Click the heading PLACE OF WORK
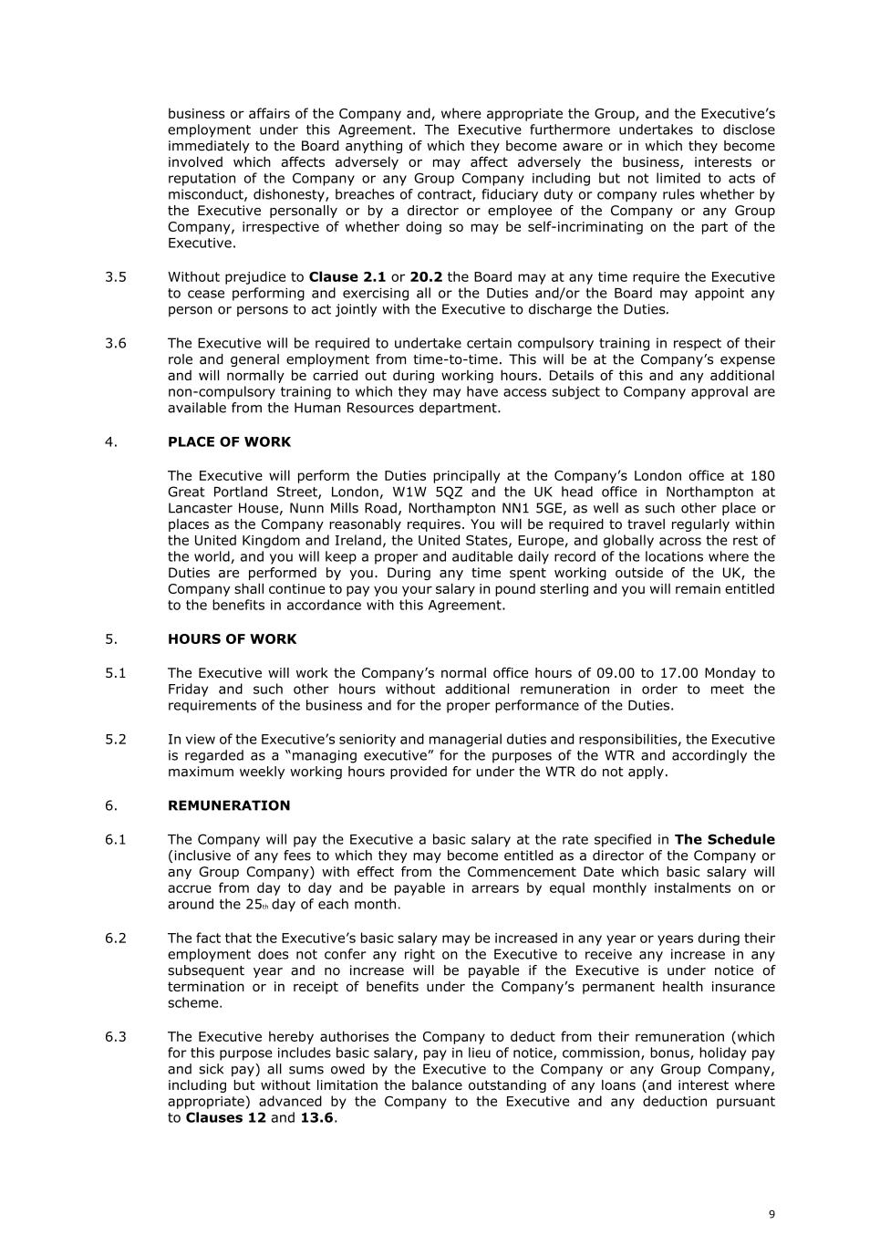coord(229,442)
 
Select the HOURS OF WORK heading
coord(232,639)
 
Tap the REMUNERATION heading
coord(229,806)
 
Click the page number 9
coord(771,1214)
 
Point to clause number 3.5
coord(116,277)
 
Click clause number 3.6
coord(116,344)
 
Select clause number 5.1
coord(116,673)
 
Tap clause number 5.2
coord(116,740)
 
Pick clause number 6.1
coord(116,840)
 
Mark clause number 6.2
coord(116,939)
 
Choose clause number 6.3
coord(116,1037)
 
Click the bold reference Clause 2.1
coord(347,277)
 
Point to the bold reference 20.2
coord(426,277)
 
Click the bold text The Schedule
coord(724,840)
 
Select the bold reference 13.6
coord(317,1118)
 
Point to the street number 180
coord(761,476)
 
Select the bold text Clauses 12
coord(225,1118)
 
